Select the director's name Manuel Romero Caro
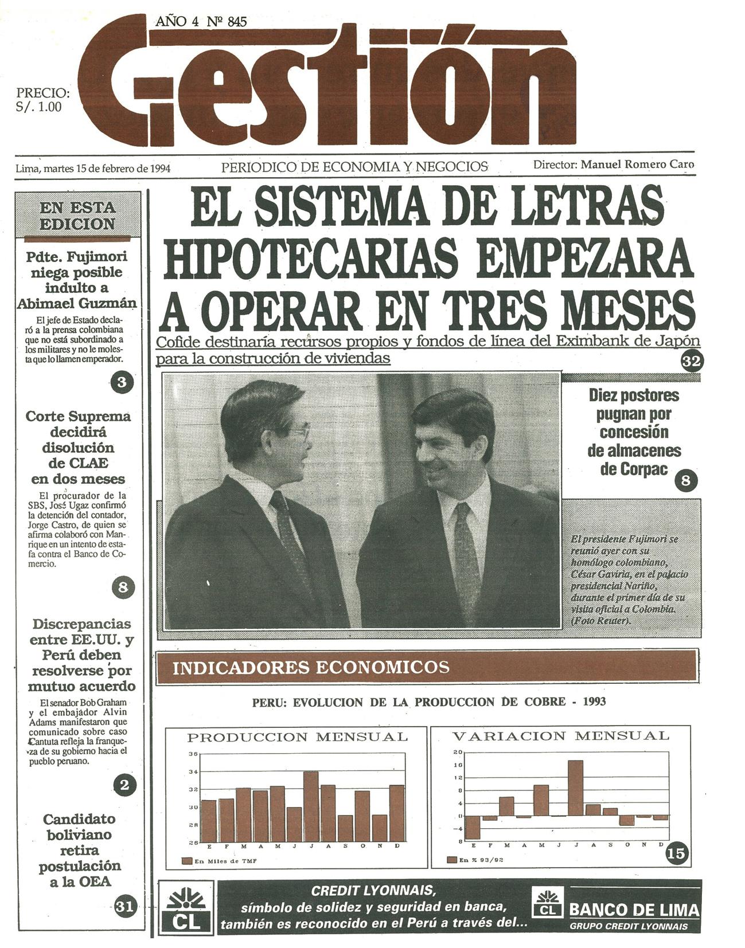tap(637, 164)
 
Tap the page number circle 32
tap(691, 361)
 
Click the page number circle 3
tap(121, 382)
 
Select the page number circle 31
tap(124, 906)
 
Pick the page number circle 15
tap(677, 853)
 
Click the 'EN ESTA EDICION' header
tap(78, 216)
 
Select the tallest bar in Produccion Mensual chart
tap(311, 806)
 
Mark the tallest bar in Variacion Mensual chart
tap(575, 788)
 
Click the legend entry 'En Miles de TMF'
tap(220, 861)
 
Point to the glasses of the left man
tap(300, 430)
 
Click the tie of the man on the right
tap(466, 550)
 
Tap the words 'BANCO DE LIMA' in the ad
tap(634, 910)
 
